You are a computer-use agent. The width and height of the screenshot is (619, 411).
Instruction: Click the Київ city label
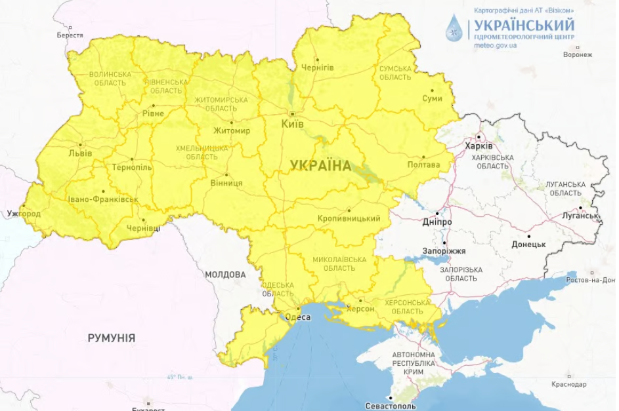[292, 123]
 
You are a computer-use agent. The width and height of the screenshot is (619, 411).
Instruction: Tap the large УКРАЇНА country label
[321, 166]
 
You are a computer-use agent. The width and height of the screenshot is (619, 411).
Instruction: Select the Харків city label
[478, 146]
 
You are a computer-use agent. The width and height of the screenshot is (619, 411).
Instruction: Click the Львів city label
[80, 153]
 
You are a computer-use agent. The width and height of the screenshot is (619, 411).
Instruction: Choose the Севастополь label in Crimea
[392, 406]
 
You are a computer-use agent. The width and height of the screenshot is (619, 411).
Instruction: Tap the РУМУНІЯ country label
[112, 338]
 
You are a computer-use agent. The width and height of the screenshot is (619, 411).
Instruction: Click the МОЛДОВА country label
[225, 274]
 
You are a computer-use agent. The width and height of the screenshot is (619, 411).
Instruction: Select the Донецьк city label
[528, 245]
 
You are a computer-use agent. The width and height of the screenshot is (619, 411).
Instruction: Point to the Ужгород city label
[24, 214]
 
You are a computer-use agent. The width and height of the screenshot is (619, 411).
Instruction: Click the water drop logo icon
[454, 29]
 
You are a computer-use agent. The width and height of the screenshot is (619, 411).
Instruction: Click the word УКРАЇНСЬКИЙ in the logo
[524, 25]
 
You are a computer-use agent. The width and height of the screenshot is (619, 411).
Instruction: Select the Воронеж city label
[577, 54]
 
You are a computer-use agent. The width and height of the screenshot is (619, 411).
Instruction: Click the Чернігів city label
[318, 68]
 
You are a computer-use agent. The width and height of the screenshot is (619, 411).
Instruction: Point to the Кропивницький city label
[349, 218]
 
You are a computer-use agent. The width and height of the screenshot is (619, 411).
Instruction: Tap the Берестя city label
[70, 35]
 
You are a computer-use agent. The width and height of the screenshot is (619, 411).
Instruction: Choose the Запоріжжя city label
[444, 250]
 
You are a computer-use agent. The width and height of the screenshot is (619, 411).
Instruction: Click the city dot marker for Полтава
[423, 157]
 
